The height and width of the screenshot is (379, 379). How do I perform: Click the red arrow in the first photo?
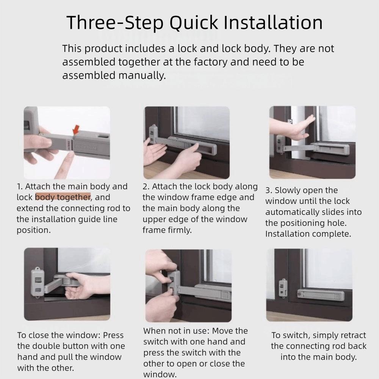[76, 130]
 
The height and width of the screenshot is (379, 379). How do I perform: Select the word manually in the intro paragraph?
[142, 75]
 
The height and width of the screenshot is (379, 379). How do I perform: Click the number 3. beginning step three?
[268, 191]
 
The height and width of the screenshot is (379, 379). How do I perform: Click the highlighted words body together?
[63, 197]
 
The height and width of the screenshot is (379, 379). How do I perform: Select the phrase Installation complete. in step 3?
[308, 234]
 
